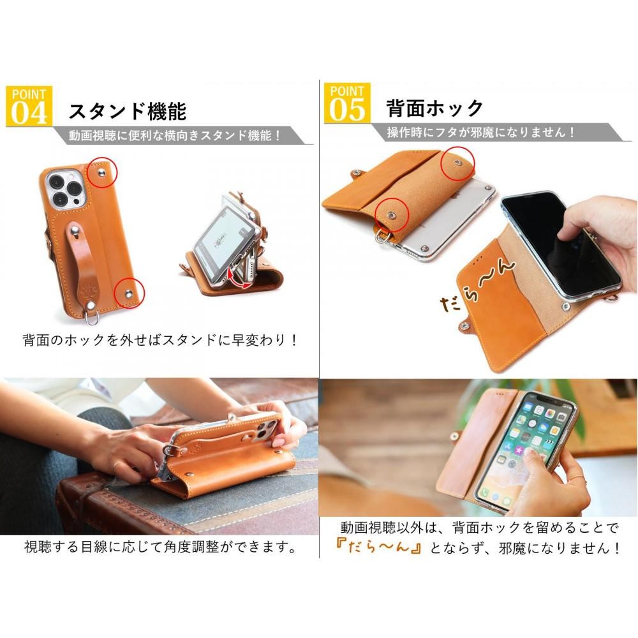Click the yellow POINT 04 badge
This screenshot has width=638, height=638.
29,106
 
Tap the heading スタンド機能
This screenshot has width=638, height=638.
128,111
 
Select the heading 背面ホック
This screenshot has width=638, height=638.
434,108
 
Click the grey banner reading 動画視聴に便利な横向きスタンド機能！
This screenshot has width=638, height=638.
174,135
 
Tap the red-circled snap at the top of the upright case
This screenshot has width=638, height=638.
102,173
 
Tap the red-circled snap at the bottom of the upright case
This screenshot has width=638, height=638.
129,293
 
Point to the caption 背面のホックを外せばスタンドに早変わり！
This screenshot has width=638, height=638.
160,340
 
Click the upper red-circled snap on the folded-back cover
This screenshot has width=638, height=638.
457,163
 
